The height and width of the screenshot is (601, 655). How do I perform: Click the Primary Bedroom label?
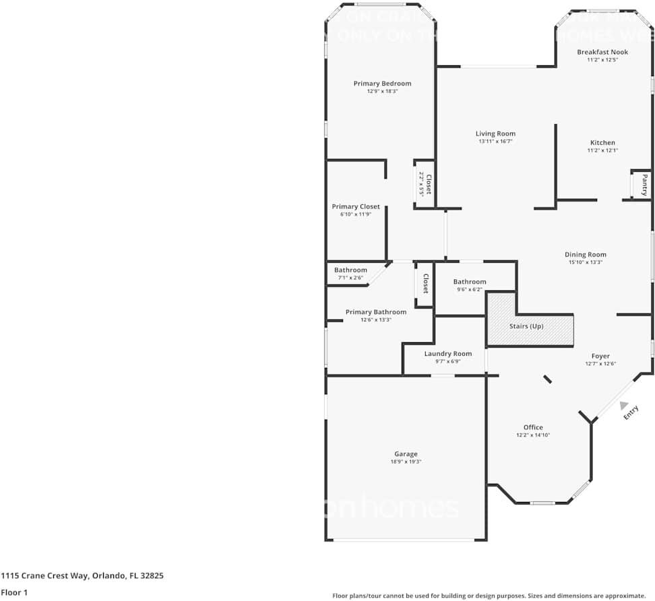(382, 84)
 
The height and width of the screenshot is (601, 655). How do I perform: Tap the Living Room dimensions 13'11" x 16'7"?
(495, 142)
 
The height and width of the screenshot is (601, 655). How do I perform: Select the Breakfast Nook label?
(602, 52)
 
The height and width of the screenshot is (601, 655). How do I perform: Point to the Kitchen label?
(602, 143)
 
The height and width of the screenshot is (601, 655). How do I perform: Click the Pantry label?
(644, 185)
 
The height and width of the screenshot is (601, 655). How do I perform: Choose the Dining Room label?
(585, 255)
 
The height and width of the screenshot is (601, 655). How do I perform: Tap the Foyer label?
(600, 356)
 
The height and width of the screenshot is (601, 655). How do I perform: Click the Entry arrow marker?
(625, 408)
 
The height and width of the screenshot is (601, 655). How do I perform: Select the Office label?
(533, 427)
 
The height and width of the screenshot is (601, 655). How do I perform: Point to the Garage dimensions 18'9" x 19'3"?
(406, 462)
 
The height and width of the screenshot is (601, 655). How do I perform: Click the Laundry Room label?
(447, 354)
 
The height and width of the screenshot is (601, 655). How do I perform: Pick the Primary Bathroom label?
(375, 312)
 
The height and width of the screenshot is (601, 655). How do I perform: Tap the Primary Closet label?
(356, 207)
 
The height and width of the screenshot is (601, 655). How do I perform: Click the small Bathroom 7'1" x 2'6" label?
(350, 270)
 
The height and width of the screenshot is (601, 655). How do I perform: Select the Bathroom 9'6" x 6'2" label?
(469, 282)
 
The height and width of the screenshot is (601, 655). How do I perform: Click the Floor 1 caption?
(14, 593)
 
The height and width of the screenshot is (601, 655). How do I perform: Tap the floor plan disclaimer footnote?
(489, 596)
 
